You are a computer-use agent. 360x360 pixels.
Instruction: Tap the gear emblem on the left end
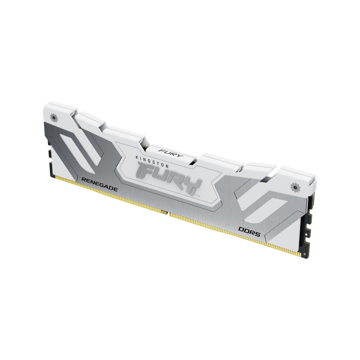(x=55, y=117)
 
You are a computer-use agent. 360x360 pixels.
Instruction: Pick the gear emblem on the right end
(x=296, y=185)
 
